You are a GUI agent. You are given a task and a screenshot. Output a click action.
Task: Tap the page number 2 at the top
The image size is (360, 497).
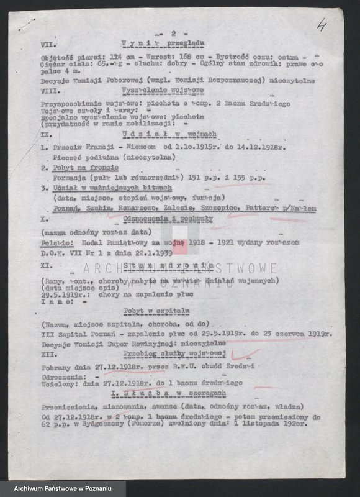click(164, 30)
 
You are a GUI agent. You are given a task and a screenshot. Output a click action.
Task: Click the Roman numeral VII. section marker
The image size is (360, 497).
click(46, 43)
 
